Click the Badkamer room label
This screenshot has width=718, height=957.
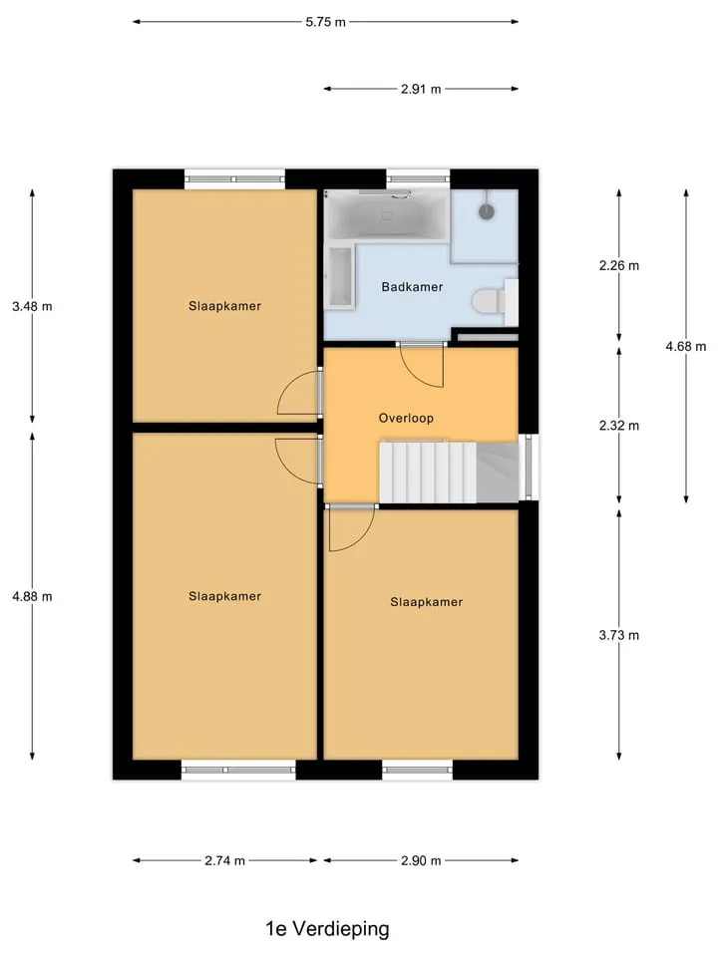[412, 287]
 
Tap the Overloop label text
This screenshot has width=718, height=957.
[406, 418]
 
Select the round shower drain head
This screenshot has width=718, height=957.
[486, 211]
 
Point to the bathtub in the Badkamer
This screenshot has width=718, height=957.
[387, 216]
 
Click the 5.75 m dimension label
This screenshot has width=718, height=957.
[325, 22]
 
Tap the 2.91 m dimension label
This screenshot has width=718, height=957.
[421, 89]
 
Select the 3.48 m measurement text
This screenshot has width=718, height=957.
[32, 306]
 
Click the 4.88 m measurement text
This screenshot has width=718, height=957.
[32, 596]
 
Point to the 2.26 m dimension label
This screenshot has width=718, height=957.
[619, 265]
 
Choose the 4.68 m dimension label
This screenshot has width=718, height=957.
[686, 347]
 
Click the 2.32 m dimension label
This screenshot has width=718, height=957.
[619, 426]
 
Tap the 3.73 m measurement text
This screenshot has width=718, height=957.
[619, 635]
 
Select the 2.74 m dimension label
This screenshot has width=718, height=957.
[224, 860]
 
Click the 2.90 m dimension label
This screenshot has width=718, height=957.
[421, 860]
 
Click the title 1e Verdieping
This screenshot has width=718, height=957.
[327, 928]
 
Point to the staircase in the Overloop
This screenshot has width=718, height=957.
[449, 473]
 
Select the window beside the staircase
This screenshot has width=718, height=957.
[529, 467]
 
